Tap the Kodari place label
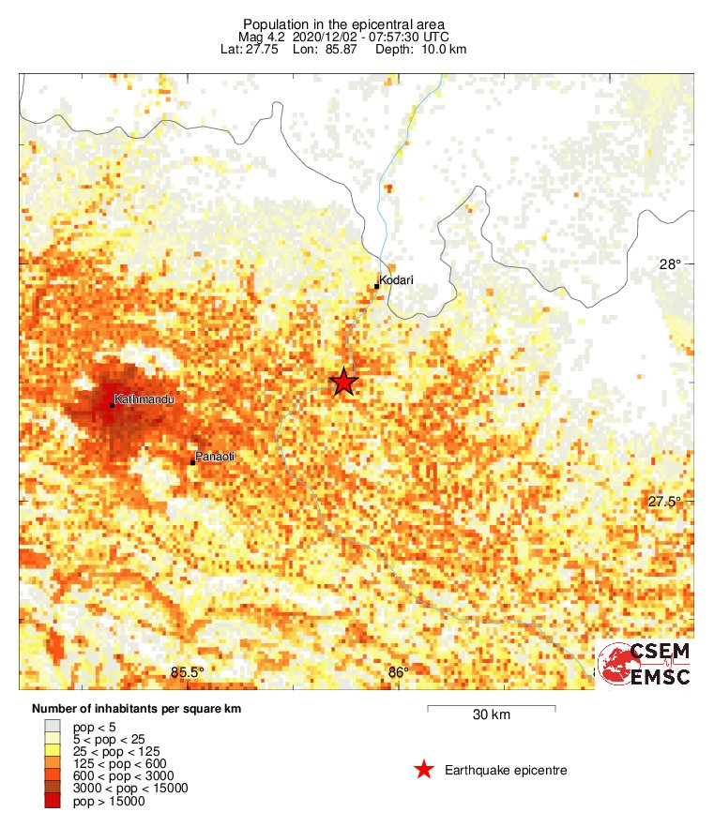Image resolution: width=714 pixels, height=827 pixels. click(x=398, y=279)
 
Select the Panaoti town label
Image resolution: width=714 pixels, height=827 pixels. click(x=215, y=457)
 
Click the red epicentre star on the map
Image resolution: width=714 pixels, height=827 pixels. click(x=344, y=382)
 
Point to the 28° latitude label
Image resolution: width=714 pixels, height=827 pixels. click(x=670, y=265)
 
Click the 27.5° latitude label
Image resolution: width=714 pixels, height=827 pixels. click(x=663, y=502)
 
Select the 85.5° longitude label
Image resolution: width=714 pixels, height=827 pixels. click(x=188, y=671)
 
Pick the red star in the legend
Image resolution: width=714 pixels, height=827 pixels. click(x=424, y=770)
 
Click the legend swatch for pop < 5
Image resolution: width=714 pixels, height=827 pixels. click(x=53, y=726)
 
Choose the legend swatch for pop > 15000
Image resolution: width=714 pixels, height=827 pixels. click(x=53, y=801)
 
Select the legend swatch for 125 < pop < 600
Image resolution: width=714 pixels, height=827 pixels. click(x=53, y=763)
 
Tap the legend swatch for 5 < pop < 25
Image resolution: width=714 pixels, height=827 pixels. click(x=53, y=739)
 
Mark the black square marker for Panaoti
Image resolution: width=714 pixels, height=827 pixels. click(x=192, y=462)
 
